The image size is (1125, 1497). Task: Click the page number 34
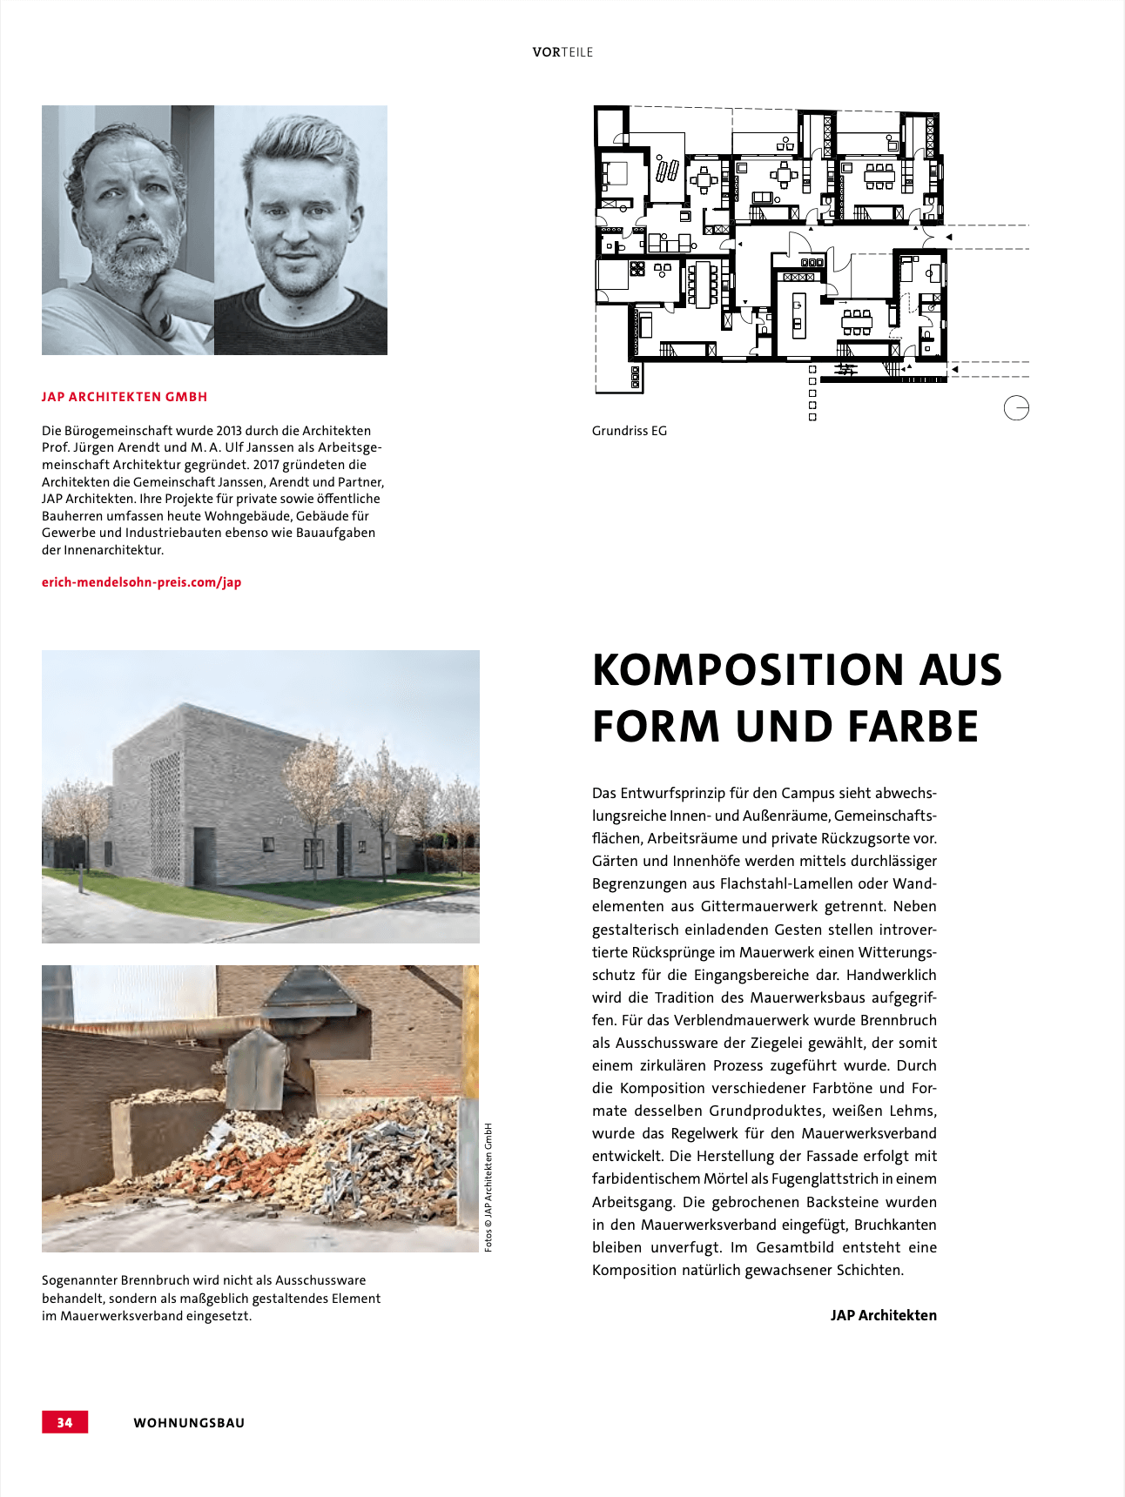point(65,1422)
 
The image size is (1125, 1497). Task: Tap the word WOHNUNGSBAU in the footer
point(189,1423)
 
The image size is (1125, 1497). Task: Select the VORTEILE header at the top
point(562,52)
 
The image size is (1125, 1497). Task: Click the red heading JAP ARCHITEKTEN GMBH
point(125,397)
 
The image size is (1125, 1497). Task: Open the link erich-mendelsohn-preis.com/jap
point(141,582)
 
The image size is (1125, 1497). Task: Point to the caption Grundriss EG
point(629,431)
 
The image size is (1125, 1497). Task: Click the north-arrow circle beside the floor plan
point(1016,407)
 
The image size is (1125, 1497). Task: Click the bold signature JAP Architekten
point(883,1315)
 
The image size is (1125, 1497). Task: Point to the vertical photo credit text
point(488,1187)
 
